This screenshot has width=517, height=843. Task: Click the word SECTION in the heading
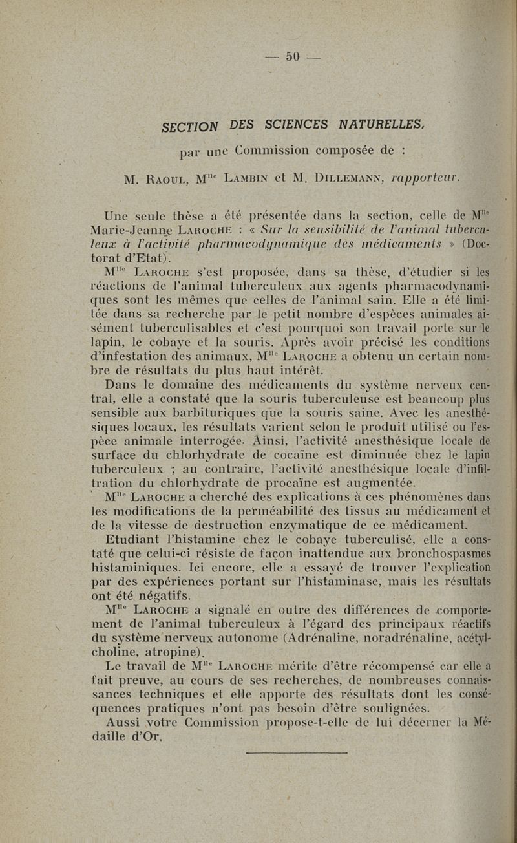pyautogui.click(x=190, y=126)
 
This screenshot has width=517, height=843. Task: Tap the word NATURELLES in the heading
pyautogui.click(x=380, y=123)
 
